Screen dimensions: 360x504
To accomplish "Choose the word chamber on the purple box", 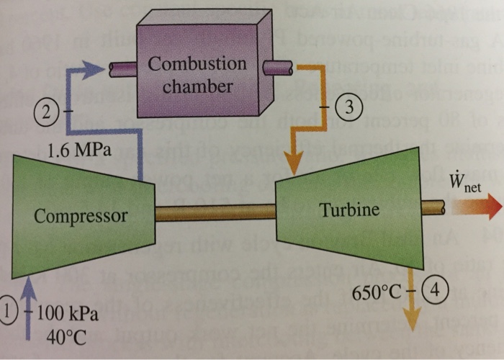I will [197, 87].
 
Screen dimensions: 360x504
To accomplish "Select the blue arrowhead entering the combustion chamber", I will [94, 70].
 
